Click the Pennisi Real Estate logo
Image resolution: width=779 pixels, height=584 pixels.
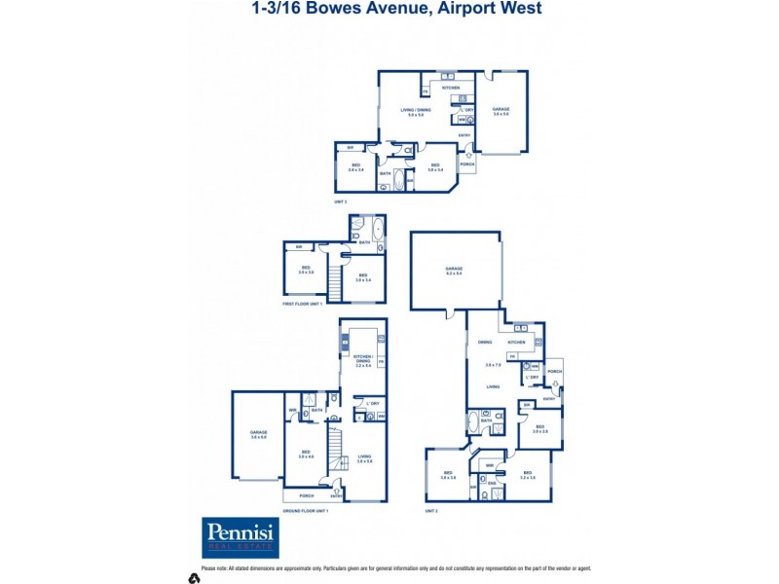click(241, 537)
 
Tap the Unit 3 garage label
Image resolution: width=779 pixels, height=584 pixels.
click(501, 111)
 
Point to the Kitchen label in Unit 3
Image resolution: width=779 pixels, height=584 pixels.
click(451, 88)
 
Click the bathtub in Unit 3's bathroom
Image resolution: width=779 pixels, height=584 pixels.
click(405, 179)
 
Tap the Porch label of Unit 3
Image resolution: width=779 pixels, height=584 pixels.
click(466, 164)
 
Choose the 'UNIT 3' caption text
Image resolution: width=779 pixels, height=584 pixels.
click(341, 201)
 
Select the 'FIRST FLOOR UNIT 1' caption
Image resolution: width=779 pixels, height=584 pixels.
click(303, 305)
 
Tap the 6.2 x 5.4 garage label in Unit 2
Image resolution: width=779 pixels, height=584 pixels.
click(454, 271)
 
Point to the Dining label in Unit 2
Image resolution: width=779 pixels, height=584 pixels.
click(484, 343)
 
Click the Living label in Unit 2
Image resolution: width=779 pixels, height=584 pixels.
click(493, 386)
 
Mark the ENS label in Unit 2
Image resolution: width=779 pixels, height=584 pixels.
click(492, 482)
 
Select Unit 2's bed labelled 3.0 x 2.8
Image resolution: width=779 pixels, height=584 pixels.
click(539, 428)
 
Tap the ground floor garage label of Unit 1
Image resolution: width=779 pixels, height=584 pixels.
click(258, 435)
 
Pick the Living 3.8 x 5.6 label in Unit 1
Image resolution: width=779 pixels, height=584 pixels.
click(364, 457)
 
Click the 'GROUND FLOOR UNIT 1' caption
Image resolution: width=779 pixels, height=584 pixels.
click(307, 510)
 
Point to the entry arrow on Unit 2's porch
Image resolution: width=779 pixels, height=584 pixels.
click(556, 384)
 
